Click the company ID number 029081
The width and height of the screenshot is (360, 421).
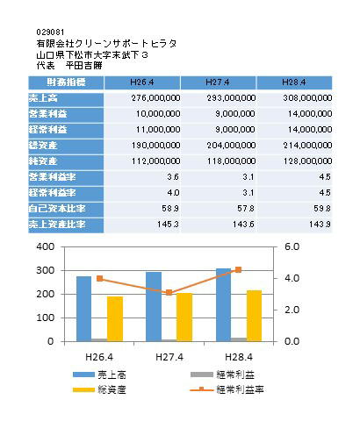tap(50, 32)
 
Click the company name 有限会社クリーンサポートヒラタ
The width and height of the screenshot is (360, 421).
tap(106, 44)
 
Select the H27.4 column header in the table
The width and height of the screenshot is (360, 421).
tap(218, 82)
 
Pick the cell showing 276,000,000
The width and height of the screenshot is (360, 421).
tap(155, 98)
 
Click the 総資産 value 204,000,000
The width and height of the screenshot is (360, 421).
tap(231, 146)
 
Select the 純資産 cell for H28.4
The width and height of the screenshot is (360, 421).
tap(307, 161)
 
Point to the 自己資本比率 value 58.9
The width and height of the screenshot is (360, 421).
tap(170, 209)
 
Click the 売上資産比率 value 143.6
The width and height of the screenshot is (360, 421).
tap(243, 225)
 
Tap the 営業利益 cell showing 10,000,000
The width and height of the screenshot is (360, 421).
tap(158, 114)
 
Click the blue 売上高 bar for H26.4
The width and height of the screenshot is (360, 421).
tap(84, 309)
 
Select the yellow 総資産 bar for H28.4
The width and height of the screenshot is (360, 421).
tap(254, 316)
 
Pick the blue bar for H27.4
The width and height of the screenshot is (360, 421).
tap(154, 307)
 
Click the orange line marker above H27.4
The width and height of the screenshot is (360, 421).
tap(169, 293)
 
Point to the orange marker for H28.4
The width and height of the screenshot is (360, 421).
tap(239, 270)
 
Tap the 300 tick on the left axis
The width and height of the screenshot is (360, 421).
tap(46, 270)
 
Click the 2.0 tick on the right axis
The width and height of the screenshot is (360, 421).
tap(292, 310)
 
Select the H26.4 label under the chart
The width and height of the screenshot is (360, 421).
tap(99, 357)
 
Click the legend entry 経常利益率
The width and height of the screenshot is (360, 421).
tap(227, 389)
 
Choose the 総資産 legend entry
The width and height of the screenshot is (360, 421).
tap(99, 389)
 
